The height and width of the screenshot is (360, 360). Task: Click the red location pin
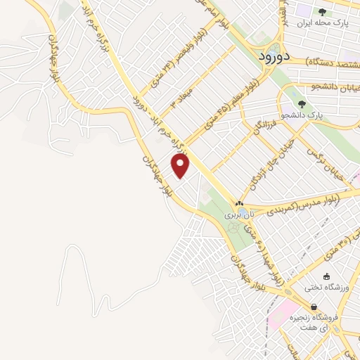[x=181, y=165]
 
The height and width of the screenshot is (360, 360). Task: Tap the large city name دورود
[x=269, y=56]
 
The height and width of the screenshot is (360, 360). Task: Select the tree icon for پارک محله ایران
[x=323, y=11]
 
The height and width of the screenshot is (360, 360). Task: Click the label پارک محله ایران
[x=323, y=22]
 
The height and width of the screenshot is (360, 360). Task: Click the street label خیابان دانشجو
[x=335, y=87]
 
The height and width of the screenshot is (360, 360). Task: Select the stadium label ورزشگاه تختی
[x=323, y=287]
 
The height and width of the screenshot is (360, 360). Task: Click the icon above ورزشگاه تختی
[x=326, y=276]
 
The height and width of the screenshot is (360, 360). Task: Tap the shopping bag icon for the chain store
[x=313, y=307]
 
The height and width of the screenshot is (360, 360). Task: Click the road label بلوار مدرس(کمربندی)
[x=303, y=205]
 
